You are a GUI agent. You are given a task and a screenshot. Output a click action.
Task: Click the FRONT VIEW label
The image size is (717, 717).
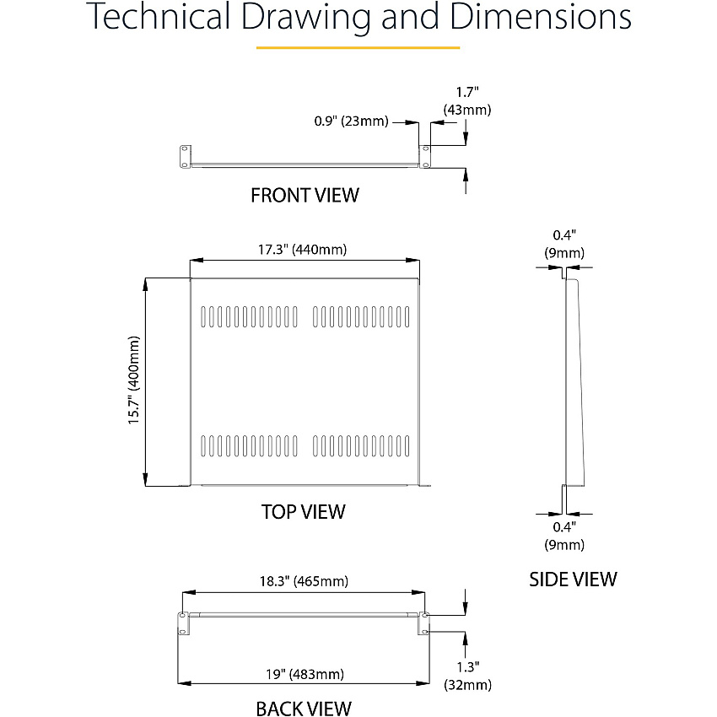pyautogui.click(x=305, y=195)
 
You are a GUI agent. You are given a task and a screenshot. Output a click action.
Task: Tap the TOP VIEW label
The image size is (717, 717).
pyautogui.click(x=303, y=512)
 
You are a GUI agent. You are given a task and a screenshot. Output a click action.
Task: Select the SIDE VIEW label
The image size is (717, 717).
pyautogui.click(x=573, y=580)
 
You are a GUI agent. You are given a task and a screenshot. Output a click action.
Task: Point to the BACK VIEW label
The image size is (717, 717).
pyautogui.click(x=304, y=709)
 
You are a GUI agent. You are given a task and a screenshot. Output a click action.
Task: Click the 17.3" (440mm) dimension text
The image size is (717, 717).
pyautogui.click(x=302, y=250)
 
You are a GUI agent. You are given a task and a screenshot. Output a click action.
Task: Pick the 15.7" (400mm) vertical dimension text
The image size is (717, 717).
pyautogui.click(x=133, y=380)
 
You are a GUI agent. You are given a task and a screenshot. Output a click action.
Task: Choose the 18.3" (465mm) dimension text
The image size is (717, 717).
pyautogui.click(x=304, y=581)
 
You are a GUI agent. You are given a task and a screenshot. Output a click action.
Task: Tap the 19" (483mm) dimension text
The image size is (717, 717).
pyautogui.click(x=305, y=674)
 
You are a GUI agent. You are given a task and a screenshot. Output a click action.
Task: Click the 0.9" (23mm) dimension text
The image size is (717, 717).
pyautogui.click(x=351, y=121)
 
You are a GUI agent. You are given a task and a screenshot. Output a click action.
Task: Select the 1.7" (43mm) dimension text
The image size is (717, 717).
pyautogui.click(x=467, y=101)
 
